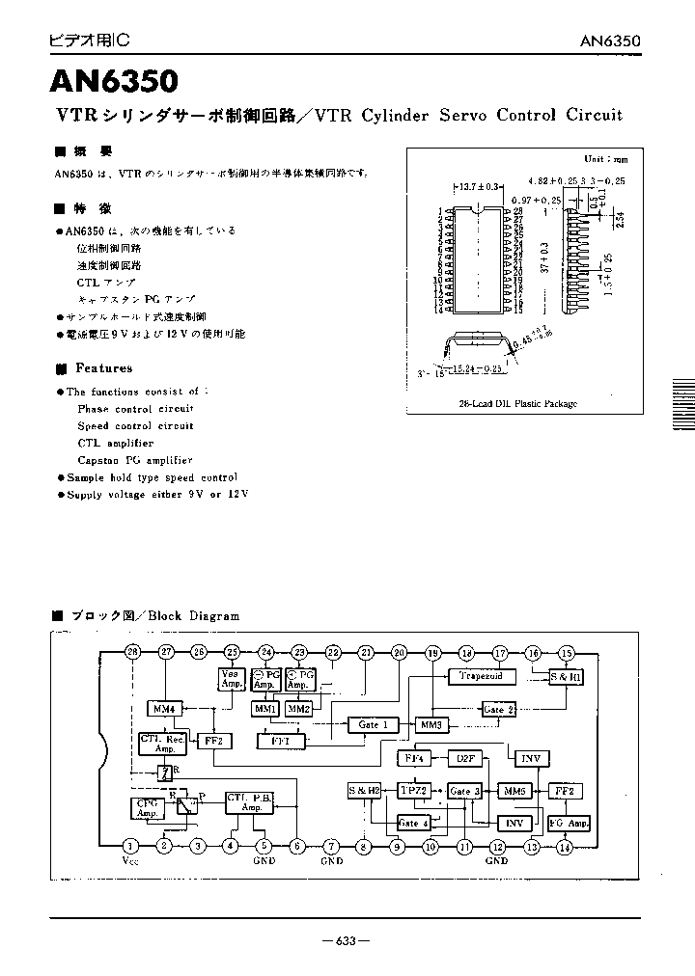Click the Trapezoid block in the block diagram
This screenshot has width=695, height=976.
[475, 677]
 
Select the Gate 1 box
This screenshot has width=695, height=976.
[373, 724]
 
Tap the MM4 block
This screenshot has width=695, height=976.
[164, 710]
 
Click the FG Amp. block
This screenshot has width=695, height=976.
[569, 824]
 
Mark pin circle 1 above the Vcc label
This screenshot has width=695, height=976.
[129, 846]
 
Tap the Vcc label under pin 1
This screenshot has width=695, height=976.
[130, 861]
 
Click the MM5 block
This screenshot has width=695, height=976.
[514, 791]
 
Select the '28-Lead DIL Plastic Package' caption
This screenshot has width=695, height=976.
[517, 404]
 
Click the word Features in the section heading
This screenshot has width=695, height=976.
[104, 368]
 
